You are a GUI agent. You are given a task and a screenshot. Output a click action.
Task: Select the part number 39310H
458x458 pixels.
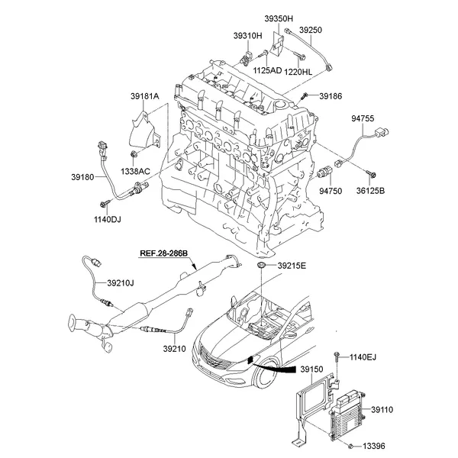pyautogui.click(x=248, y=35)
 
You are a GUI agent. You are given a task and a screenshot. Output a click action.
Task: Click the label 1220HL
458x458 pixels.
pyautogui.click(x=299, y=72)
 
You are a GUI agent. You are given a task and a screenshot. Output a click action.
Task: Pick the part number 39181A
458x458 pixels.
pyautogui.click(x=144, y=96)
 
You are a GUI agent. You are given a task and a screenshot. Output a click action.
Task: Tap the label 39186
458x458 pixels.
pyautogui.click(x=331, y=97)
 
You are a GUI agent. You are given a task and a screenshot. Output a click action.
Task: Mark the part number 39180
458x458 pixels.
pyautogui.click(x=82, y=176)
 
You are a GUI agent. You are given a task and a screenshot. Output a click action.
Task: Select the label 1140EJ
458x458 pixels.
pyautogui.click(x=363, y=357)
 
